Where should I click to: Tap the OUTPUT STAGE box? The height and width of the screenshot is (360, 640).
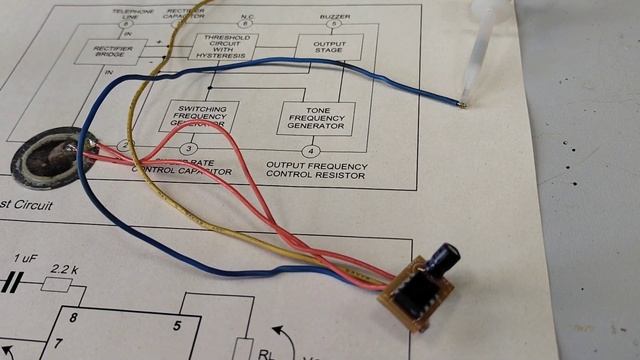(328, 45)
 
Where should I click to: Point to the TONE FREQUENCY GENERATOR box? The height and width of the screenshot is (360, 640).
(316, 118)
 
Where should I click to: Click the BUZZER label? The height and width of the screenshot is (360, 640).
(334, 17)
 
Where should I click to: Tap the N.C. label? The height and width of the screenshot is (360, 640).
(247, 16)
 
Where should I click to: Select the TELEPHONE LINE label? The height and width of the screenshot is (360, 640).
(127, 13)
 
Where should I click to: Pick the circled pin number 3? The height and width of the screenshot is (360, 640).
(188, 149)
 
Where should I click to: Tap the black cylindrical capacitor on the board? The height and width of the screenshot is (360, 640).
(439, 259)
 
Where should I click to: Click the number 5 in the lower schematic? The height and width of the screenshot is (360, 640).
(176, 325)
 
